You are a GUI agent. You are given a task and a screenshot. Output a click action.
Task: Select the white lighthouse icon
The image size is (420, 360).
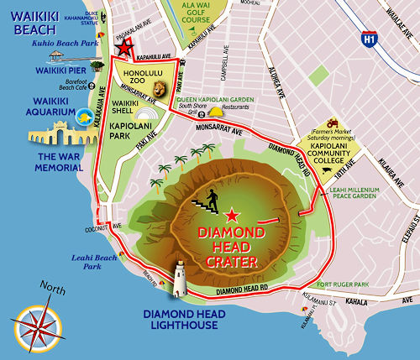(179, 278)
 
